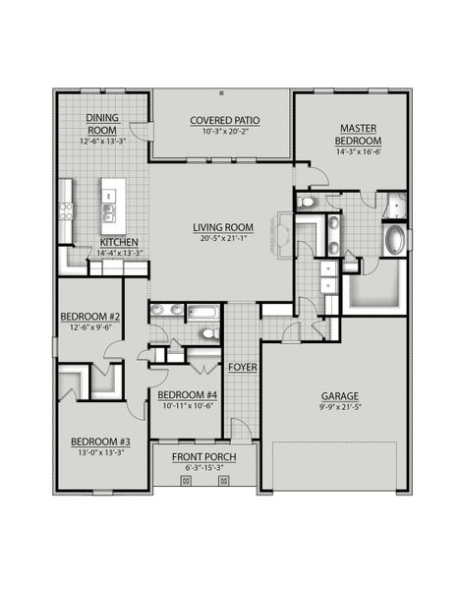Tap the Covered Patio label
223,120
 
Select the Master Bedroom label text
353,135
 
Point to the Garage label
338,399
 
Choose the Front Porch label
202,457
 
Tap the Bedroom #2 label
89,317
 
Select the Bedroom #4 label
187,395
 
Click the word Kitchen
119,242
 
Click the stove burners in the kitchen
66,208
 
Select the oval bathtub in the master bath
394,239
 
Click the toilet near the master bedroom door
306,203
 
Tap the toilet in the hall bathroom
207,333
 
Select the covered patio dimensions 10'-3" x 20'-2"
223,131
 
